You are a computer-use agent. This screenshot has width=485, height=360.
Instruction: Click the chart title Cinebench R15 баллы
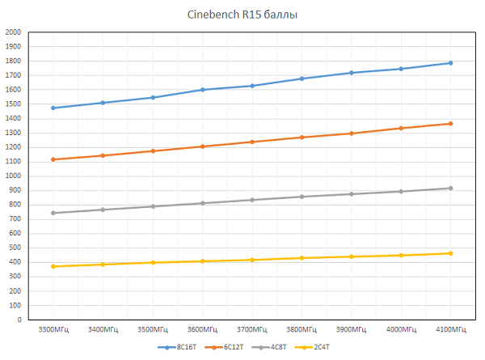click(242, 15)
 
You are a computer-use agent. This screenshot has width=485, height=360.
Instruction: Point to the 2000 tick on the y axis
click(13, 32)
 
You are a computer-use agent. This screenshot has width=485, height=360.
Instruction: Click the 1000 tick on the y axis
click(13, 176)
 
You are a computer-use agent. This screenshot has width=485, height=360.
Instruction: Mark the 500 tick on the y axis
click(15, 248)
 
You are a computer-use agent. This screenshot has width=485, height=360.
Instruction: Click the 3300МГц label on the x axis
click(53, 330)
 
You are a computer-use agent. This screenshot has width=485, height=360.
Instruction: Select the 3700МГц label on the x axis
click(251, 330)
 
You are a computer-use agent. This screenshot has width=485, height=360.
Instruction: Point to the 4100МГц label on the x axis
click(450, 330)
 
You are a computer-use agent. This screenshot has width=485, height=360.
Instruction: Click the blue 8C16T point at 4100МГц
click(450, 63)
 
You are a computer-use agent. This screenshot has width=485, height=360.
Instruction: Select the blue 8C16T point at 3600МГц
click(202, 90)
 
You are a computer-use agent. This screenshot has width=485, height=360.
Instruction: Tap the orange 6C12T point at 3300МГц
click(53, 159)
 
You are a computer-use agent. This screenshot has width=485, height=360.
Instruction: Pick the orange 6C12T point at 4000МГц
click(401, 128)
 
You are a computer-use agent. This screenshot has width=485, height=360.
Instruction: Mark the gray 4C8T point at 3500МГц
click(153, 206)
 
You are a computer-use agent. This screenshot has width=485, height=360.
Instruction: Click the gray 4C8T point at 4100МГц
click(450, 188)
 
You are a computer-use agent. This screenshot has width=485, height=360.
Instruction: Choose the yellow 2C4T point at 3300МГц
click(53, 266)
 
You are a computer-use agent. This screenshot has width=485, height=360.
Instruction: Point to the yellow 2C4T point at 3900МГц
click(351, 256)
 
